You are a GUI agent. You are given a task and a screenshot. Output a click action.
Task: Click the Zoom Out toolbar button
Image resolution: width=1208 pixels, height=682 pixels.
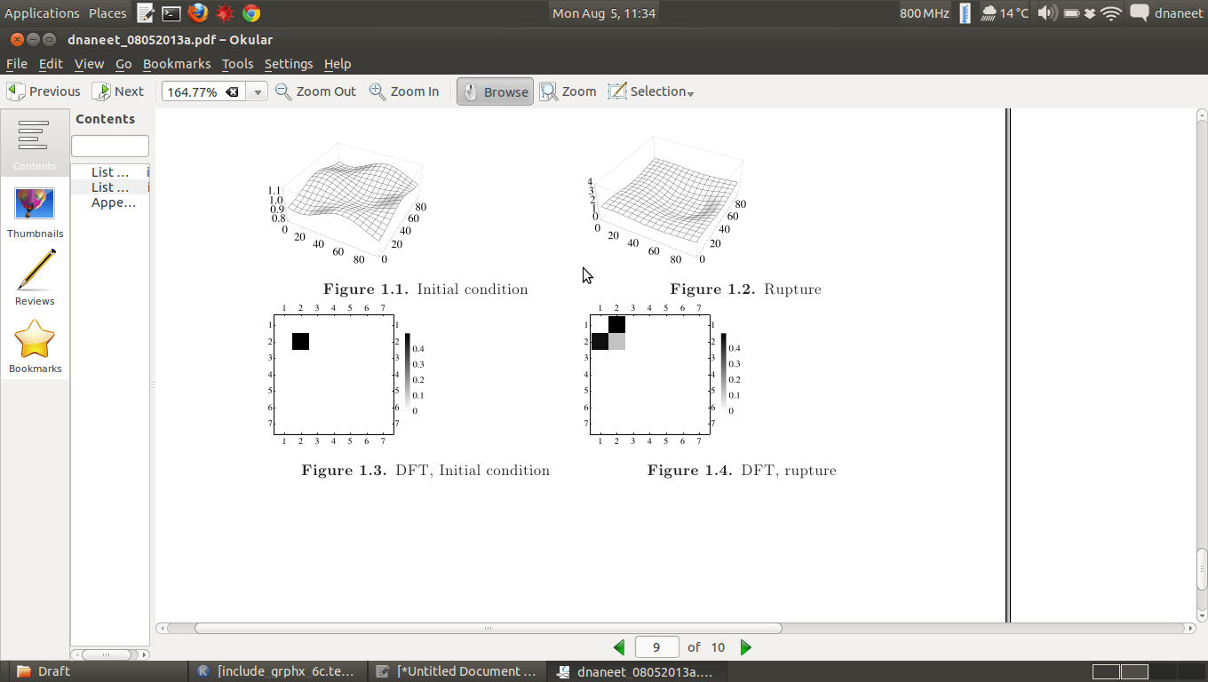tap(316, 91)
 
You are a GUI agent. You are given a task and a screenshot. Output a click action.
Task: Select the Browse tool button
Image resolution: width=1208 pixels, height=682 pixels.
tap(495, 91)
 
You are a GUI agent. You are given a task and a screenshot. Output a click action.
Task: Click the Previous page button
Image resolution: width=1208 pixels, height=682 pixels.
tap(44, 91)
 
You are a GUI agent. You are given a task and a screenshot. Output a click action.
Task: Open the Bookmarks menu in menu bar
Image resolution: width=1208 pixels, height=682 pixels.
tap(177, 64)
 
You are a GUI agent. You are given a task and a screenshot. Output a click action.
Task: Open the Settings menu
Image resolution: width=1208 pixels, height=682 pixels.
tap(288, 64)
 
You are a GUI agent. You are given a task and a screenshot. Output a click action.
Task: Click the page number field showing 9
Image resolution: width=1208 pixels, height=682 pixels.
tap(656, 647)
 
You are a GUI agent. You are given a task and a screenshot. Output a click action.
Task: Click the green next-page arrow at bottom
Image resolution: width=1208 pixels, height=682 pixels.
tap(746, 647)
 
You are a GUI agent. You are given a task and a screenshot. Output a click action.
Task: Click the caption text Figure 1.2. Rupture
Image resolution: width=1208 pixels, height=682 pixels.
tap(745, 289)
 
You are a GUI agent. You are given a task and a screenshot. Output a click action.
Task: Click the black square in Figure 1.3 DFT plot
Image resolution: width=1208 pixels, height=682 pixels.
tap(300, 341)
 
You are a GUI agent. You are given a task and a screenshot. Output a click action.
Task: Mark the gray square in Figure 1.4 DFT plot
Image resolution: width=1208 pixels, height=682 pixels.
tap(616, 341)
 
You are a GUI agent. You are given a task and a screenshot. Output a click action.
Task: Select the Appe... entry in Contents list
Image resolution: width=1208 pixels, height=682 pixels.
tap(113, 202)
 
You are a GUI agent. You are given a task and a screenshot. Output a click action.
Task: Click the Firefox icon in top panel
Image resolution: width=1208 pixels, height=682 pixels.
tap(197, 12)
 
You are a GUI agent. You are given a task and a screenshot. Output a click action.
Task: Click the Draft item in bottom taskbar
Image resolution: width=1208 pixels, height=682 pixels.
tap(53, 671)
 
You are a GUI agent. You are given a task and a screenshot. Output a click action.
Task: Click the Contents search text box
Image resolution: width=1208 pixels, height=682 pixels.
tap(110, 146)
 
